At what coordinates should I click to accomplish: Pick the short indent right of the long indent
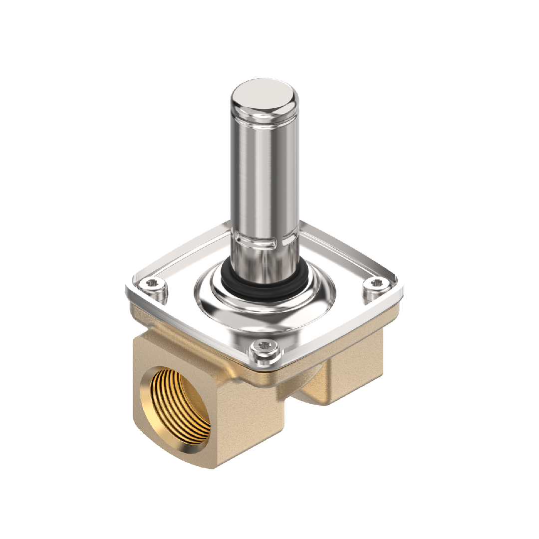click(x=291, y=241)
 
